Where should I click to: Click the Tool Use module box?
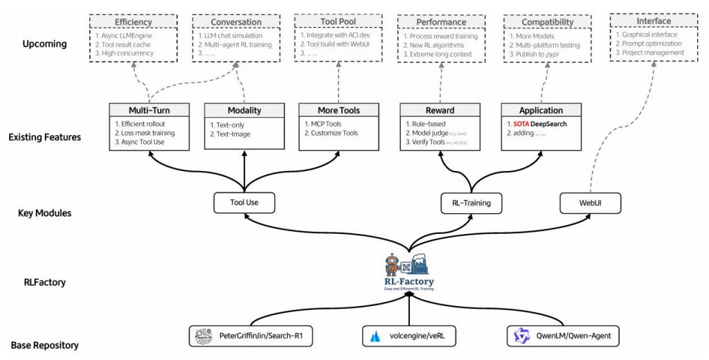(x=244, y=203)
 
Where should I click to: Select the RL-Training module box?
(x=471, y=203)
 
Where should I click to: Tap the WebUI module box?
(x=590, y=203)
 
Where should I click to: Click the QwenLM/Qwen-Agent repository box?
(x=562, y=336)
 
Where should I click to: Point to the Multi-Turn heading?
(x=149, y=110)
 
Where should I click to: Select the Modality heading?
(x=244, y=110)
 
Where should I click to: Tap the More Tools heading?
(x=339, y=110)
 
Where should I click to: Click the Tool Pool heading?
(x=339, y=21)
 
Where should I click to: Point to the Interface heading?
(x=653, y=21)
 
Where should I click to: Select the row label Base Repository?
(x=44, y=345)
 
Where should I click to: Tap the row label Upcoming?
(x=44, y=44)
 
